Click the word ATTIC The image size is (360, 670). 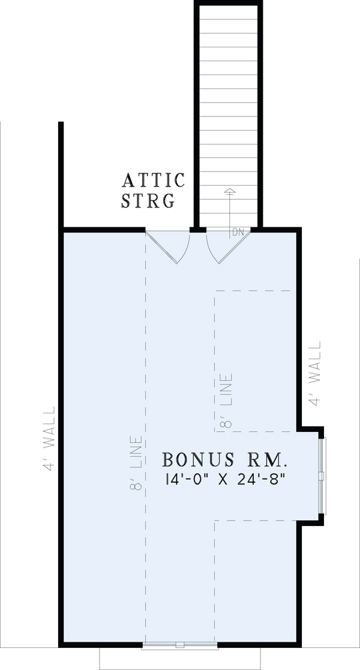coord(154,180)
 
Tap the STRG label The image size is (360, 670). coord(148,200)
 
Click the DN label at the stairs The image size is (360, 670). coord(238,232)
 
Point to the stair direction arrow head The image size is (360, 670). coord(229,191)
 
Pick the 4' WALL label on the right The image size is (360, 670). coord(316,374)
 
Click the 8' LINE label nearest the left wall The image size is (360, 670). coord(137,462)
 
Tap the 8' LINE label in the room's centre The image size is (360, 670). coord(226,400)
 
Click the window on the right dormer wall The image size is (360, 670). coord(322,476)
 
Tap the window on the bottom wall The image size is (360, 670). coord(179,646)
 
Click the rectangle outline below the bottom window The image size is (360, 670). coord(180,660)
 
